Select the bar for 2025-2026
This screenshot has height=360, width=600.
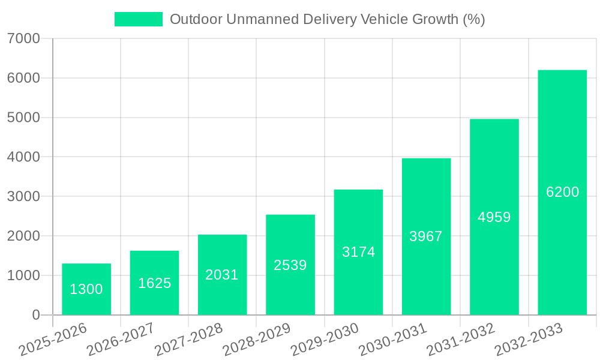(x=86, y=289)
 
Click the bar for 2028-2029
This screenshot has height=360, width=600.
(x=290, y=265)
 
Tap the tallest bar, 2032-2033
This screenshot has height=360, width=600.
(x=562, y=193)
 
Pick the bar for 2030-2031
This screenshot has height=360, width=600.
(x=426, y=236)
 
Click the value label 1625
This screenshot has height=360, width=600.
(x=155, y=283)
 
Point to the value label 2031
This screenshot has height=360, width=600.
(x=222, y=275)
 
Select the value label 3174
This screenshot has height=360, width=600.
(x=359, y=252)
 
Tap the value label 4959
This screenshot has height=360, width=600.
(x=494, y=217)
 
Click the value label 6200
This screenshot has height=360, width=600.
(x=563, y=192)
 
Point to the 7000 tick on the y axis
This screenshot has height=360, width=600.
(x=23, y=39)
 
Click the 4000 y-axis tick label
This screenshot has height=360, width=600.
(x=23, y=157)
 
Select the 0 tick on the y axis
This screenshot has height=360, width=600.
(x=36, y=315)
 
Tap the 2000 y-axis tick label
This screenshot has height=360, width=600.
(x=23, y=236)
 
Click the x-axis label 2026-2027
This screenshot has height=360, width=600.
(x=121, y=340)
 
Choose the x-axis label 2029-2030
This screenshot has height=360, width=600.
(x=325, y=340)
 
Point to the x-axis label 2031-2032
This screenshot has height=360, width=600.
(x=460, y=340)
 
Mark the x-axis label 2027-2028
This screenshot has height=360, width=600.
(x=188, y=340)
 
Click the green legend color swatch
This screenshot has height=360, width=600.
(x=139, y=20)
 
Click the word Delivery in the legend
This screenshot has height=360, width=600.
(x=329, y=20)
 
